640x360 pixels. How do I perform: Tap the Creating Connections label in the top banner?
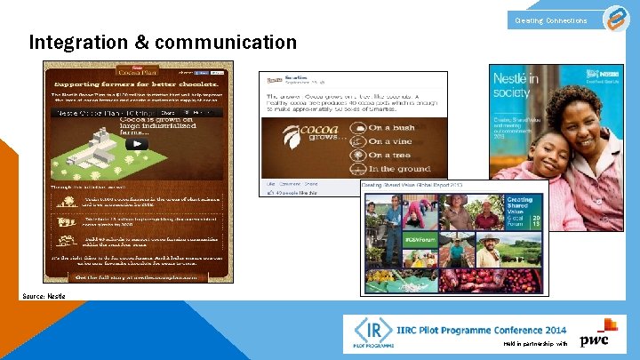(x=551, y=20)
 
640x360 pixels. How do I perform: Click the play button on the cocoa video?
(x=137, y=143)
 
